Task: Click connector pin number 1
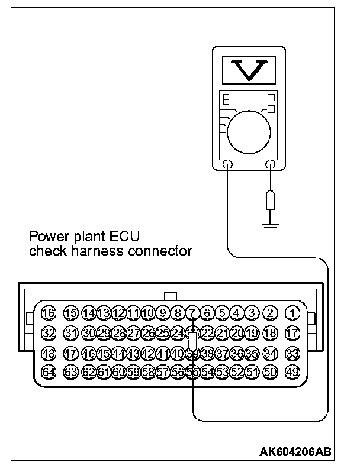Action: click(x=292, y=313)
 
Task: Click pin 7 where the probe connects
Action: click(x=192, y=313)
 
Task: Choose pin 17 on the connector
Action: click(x=292, y=332)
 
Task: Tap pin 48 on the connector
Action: click(x=49, y=353)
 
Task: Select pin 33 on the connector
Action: click(x=292, y=353)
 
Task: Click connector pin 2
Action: click(x=270, y=313)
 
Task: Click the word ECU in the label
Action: click(x=123, y=237)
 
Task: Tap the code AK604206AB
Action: click(x=295, y=452)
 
